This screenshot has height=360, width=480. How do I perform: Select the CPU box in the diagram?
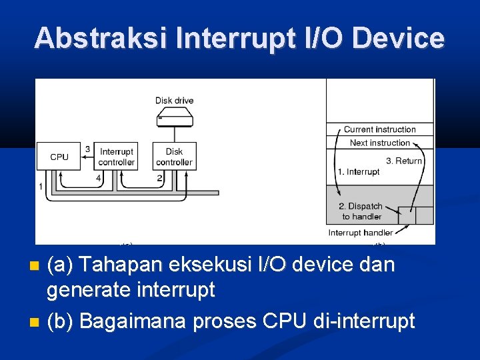click(59, 157)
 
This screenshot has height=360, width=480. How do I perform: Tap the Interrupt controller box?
click(116, 157)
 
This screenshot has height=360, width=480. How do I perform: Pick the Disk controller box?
click(174, 157)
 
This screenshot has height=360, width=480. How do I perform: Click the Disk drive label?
click(174, 101)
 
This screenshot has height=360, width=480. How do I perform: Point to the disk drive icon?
click(175, 119)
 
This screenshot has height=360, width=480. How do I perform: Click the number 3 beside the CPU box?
click(87, 149)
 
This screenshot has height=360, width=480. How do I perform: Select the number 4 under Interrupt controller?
click(98, 178)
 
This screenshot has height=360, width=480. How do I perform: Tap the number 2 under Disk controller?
click(159, 178)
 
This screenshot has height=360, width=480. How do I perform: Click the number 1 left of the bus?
click(41, 187)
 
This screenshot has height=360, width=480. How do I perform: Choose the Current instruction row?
click(379, 129)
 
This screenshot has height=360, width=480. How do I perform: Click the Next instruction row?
click(379, 143)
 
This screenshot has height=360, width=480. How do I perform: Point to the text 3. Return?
click(404, 161)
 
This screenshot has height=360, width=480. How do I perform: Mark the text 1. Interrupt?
click(358, 172)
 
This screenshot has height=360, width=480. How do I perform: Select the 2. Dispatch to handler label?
click(361, 211)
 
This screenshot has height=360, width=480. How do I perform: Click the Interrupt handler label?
click(361, 233)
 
